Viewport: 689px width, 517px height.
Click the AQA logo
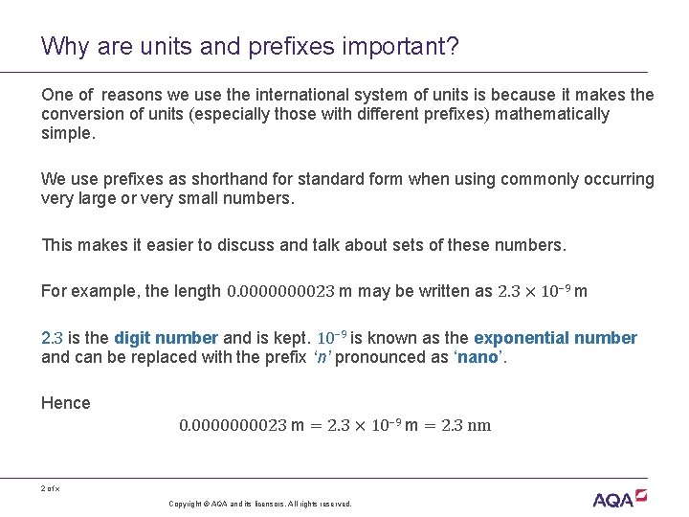coord(619,498)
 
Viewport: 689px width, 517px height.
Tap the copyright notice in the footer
coord(259,504)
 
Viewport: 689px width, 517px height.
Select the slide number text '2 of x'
coord(51,489)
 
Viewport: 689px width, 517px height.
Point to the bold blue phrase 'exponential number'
coord(555,338)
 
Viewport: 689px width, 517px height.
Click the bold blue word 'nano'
coord(474,356)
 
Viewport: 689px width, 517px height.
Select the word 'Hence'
coord(66,403)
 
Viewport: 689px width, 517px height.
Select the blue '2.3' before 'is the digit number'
coord(52,338)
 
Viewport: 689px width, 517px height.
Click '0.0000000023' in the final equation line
coord(233,425)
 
